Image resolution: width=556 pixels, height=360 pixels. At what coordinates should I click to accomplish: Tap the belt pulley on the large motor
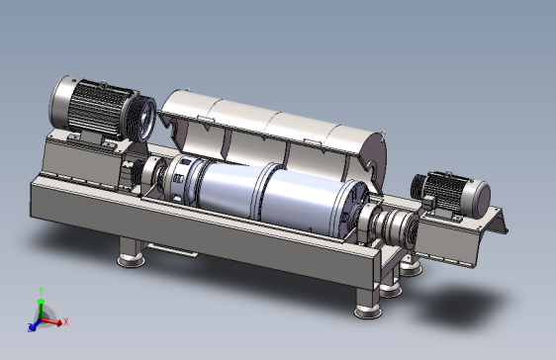(142, 118)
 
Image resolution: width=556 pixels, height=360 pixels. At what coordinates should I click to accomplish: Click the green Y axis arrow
(41, 309)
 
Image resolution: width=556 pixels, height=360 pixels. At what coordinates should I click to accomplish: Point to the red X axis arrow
(51, 321)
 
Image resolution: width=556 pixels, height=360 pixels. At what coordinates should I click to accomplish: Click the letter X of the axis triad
(66, 322)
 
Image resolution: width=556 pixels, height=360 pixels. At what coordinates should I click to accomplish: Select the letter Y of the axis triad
(42, 292)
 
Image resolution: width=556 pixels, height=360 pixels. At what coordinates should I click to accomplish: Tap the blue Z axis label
(31, 327)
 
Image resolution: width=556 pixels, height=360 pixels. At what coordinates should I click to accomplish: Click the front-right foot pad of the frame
(368, 312)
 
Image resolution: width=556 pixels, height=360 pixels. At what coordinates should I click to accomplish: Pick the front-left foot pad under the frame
(132, 260)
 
